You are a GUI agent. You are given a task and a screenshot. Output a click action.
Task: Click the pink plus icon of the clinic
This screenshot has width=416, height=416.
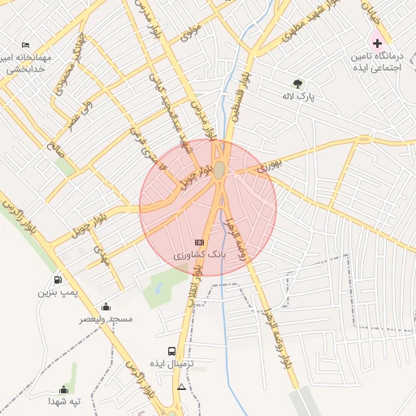[x=376, y=42]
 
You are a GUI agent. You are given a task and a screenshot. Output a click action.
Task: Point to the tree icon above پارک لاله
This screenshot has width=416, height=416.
[x=297, y=83]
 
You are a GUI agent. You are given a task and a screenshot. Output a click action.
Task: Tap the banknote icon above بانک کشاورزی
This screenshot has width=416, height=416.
[x=199, y=243]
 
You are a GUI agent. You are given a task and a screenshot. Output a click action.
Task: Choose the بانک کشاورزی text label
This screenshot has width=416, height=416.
[x=199, y=255]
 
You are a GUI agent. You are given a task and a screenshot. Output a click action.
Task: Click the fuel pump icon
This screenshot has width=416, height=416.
[x=56, y=280]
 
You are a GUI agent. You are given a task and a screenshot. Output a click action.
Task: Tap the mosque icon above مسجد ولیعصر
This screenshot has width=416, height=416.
[x=106, y=306]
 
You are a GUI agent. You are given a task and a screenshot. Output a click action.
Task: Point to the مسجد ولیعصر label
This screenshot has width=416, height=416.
[x=106, y=319]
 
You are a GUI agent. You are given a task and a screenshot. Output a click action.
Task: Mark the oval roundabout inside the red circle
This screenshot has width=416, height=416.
[x=219, y=170]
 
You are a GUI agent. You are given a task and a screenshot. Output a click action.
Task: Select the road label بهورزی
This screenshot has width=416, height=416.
[x=269, y=165]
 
